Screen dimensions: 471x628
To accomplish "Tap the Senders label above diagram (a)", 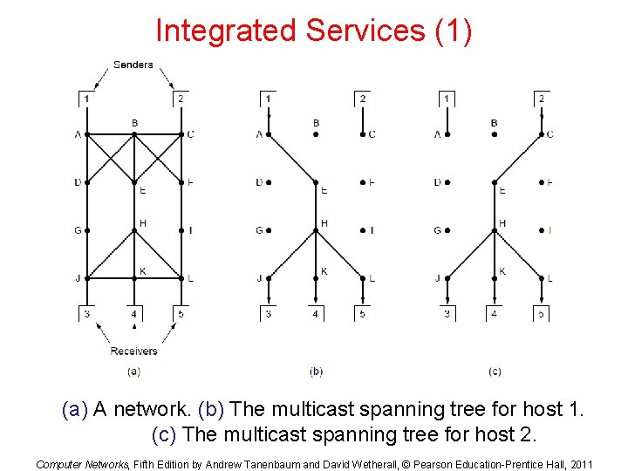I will click(133, 65).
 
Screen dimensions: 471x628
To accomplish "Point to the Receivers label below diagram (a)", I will click(133, 351).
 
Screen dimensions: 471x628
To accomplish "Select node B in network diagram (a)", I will click(133, 133).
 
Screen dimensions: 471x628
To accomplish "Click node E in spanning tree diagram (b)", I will click(316, 182).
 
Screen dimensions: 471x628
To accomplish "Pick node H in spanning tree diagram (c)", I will click(495, 230).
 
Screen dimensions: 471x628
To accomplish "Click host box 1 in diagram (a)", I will click(85, 99).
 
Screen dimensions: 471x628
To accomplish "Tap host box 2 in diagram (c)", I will click(541, 99).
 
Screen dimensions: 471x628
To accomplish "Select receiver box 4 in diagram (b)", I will click(316, 314).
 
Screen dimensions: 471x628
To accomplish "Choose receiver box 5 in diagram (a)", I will click(181, 314).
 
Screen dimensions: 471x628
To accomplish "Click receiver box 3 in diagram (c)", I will click(447, 314).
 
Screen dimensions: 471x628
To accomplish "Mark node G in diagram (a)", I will click(86, 230).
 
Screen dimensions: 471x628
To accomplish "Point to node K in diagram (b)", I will click(316, 278).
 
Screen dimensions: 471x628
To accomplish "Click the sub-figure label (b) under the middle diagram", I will click(316, 372).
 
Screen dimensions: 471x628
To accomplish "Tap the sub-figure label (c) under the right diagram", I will click(495, 372).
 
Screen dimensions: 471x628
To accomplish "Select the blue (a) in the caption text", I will click(75, 409).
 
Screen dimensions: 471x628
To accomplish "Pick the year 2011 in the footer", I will click(579, 464).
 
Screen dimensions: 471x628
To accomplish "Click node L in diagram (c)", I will click(542, 278).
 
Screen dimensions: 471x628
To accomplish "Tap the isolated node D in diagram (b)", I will click(269, 182).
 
